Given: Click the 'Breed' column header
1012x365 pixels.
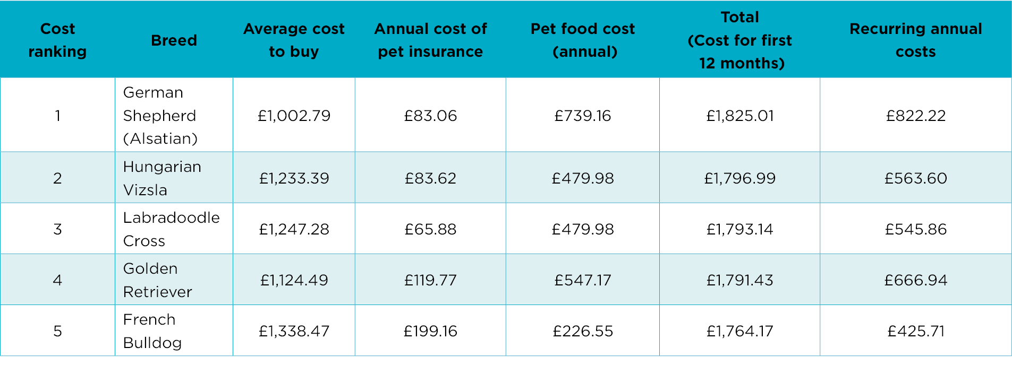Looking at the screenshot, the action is tap(174, 40).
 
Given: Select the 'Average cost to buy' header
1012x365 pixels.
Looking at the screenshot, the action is tap(294, 40).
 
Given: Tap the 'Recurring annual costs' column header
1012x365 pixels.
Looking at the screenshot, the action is tap(916, 40).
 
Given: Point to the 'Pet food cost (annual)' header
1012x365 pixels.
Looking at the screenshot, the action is tap(583, 40).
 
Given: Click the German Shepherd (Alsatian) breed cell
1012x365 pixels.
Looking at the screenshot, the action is tap(160, 116).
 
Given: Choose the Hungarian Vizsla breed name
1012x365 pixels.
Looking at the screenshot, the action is tap(162, 178).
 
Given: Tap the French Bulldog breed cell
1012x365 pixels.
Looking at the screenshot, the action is tap(152, 331).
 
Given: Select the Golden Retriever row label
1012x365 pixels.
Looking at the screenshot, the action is tap(158, 280).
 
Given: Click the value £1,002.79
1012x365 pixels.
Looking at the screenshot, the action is tap(294, 116).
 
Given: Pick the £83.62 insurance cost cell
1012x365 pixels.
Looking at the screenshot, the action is tap(430, 178).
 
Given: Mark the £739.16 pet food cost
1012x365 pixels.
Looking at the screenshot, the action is tap(583, 116).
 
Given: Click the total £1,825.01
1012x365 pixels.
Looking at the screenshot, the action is tap(740, 116).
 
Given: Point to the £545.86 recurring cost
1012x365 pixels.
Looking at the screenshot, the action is tap(916, 229).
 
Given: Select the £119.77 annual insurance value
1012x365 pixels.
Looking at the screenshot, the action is tap(430, 280).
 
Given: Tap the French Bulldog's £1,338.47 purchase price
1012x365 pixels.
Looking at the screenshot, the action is tap(294, 331).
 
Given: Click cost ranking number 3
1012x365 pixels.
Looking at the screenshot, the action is tap(57, 229).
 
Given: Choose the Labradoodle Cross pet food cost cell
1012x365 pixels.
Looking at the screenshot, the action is tap(583, 229).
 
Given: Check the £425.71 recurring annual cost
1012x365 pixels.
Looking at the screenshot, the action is tap(916, 331).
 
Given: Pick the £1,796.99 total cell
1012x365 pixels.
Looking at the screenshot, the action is tap(740, 178).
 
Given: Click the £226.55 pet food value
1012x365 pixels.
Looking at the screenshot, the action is tap(583, 331).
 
